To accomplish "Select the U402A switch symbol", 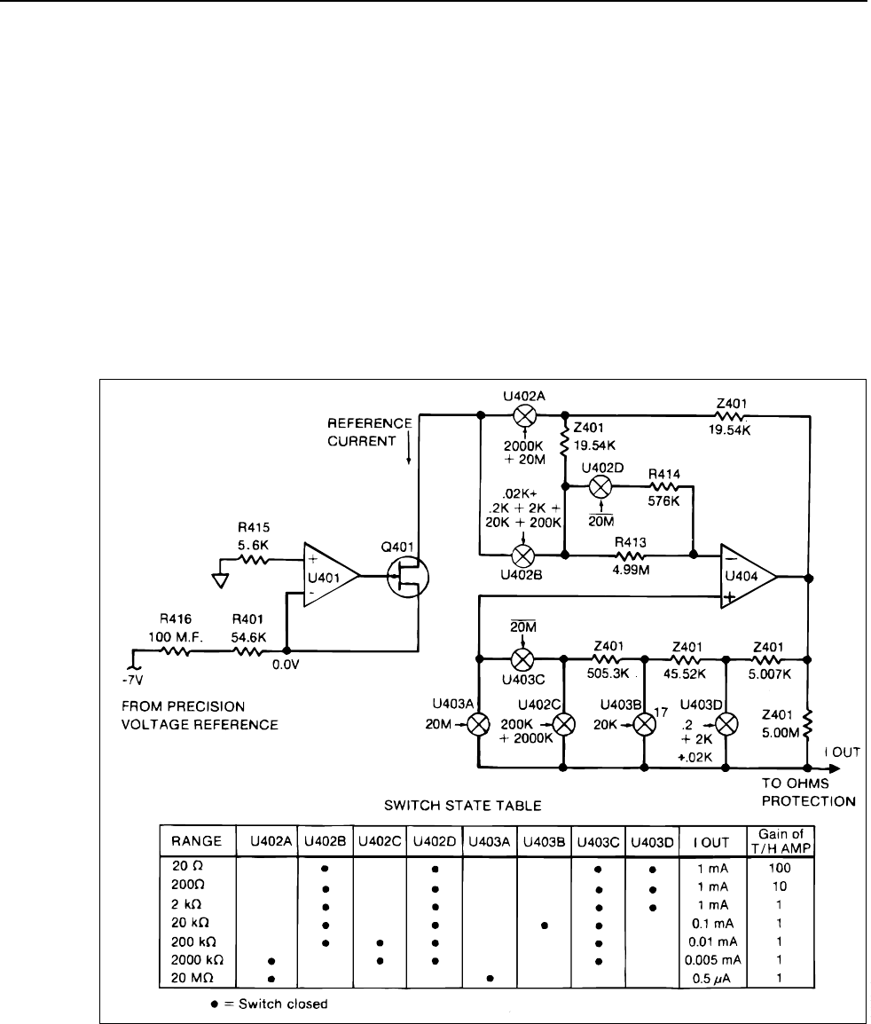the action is coord(523,414).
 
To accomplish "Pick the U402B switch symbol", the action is coord(523,555).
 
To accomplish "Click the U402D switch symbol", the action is coord(600,486).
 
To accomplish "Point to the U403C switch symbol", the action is coord(522,658).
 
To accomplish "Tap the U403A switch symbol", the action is coord(481,724).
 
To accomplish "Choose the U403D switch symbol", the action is coord(726,724).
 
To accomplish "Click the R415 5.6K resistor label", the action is coord(254,535).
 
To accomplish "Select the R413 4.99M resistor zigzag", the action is coord(630,555).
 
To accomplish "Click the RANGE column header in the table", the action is coord(196,841).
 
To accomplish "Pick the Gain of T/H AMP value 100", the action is coord(780,868).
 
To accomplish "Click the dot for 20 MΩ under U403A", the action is coord(490,978).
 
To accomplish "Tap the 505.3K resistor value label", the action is coord(608,673).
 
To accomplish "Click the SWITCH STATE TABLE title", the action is coord(463,805).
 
